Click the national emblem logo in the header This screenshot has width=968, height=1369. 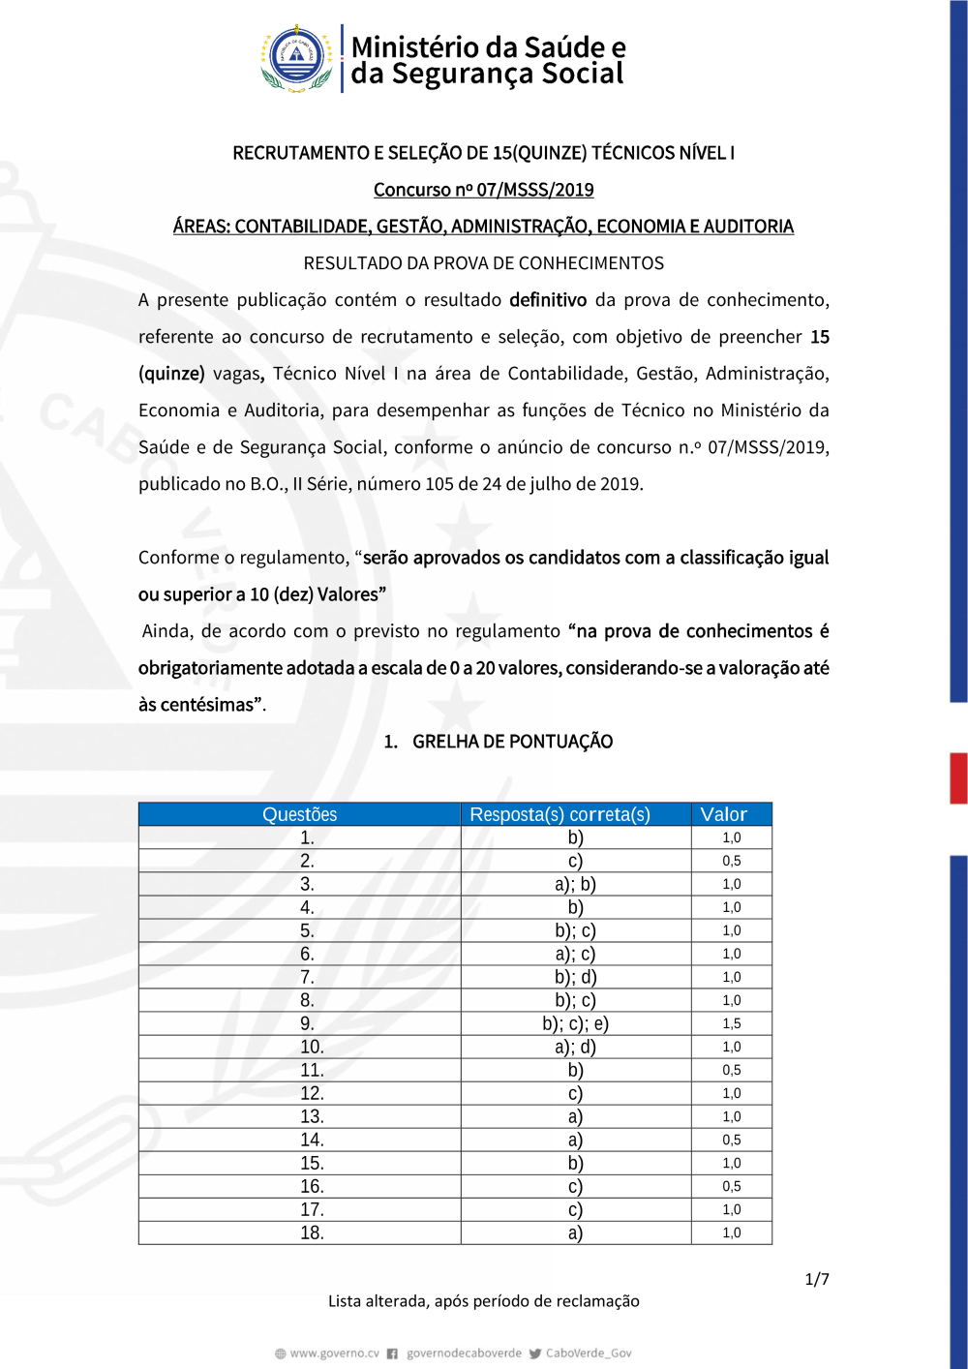tap(297, 58)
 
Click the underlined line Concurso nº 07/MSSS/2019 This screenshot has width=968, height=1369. tap(483, 190)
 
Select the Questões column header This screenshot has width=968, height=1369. tap(299, 814)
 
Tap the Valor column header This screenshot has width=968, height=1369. tap(723, 814)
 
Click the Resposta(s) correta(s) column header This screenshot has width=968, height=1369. tap(560, 814)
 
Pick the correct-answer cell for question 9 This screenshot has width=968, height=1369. tap(575, 1023)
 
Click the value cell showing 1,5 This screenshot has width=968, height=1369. tap(731, 1023)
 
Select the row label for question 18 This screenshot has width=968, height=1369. tap(312, 1232)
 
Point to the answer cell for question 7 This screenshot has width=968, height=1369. tap(575, 977)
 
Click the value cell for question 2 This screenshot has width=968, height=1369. tap(731, 861)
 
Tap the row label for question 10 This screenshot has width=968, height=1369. tap(312, 1047)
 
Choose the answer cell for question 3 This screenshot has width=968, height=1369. tap(575, 884)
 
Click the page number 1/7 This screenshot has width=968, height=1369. tap(817, 1279)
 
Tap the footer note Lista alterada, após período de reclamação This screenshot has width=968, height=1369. tap(483, 1301)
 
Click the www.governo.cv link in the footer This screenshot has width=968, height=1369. tap(334, 1354)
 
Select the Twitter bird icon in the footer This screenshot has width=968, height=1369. tap(535, 1354)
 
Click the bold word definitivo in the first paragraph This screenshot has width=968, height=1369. tap(548, 300)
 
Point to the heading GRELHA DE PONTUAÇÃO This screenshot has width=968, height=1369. tap(512, 742)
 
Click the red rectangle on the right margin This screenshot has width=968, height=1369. tap(958, 777)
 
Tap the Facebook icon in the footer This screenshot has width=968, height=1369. tap(392, 1354)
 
